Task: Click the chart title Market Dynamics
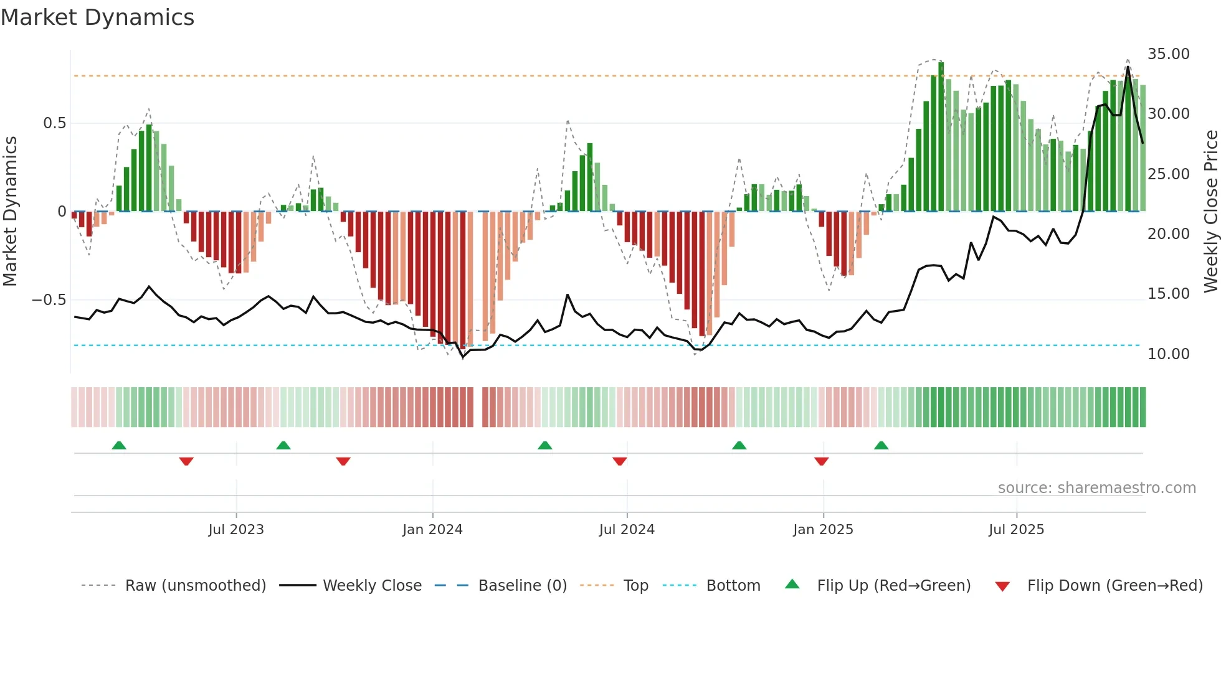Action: click(x=97, y=17)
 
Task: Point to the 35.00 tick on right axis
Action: click(x=1168, y=54)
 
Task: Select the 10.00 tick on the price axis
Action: click(x=1168, y=354)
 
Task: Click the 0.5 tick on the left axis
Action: click(x=54, y=123)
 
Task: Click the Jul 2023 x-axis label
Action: click(x=236, y=530)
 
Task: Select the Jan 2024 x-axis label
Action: click(x=432, y=530)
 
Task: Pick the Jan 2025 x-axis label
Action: click(x=823, y=530)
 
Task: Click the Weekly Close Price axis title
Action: click(x=1210, y=211)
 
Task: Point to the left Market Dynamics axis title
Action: click(x=10, y=211)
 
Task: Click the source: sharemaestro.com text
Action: click(x=1096, y=488)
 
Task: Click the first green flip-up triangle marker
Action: click(x=119, y=446)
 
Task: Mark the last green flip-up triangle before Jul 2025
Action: click(x=881, y=446)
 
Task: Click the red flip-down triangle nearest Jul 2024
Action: click(x=619, y=461)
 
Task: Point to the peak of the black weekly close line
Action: click(x=1128, y=67)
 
